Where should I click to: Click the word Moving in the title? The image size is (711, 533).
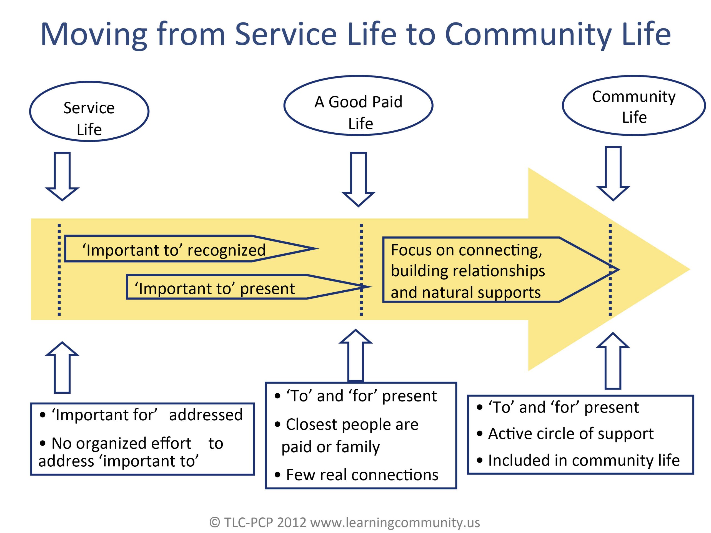coord(94,34)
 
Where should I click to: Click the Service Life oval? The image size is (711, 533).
coord(89,112)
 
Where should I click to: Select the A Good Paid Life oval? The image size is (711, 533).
coord(358,106)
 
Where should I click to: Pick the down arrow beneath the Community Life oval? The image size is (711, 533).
coord(613,173)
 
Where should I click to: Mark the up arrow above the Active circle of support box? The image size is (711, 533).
coord(613,361)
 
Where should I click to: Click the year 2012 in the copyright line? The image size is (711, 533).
coord(292,522)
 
